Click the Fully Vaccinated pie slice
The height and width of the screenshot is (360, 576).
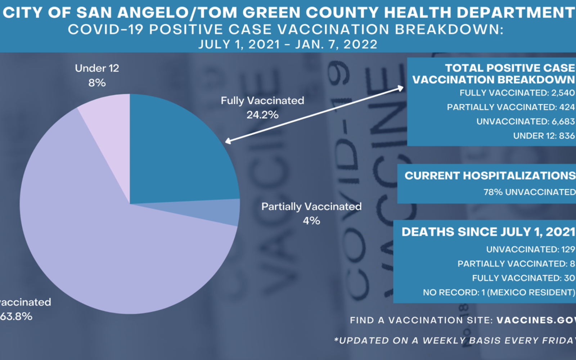click(x=176, y=155)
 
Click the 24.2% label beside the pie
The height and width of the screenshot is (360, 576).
click(x=262, y=115)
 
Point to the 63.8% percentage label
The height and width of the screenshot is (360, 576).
click(x=16, y=316)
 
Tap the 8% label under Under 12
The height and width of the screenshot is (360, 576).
click(x=97, y=83)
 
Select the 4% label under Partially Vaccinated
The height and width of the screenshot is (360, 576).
click(x=311, y=221)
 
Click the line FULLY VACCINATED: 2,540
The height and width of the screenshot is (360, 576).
click(x=517, y=93)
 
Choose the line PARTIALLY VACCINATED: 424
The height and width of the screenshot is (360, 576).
click(x=510, y=107)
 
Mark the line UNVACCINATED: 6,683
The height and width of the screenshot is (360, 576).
click(x=525, y=122)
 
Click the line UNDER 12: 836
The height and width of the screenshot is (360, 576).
click(x=544, y=136)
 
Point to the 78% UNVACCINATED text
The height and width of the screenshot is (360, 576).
click(x=529, y=192)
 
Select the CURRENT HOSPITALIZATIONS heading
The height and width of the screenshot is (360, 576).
click(x=490, y=176)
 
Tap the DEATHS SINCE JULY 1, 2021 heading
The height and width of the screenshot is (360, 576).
click(x=488, y=232)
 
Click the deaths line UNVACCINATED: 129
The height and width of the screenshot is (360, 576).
click(x=530, y=249)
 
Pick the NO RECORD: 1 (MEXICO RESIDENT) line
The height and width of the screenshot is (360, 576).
click(x=499, y=292)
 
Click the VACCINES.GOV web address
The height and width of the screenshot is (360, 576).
click(x=536, y=320)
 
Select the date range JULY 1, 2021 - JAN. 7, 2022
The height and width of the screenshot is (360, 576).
click(x=288, y=44)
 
